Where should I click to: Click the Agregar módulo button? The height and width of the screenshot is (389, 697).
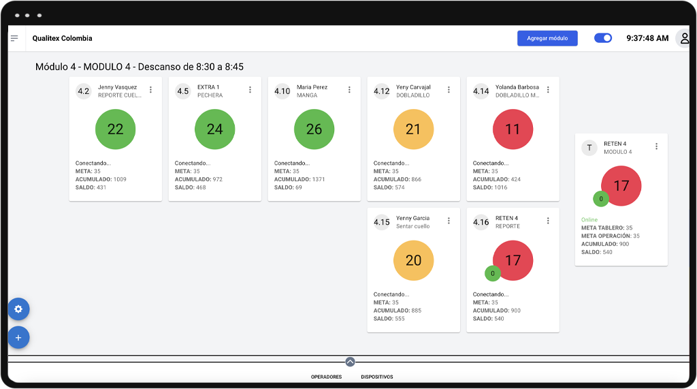tap(547, 38)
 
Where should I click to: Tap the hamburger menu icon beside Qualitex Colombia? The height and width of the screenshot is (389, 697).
tap(14, 38)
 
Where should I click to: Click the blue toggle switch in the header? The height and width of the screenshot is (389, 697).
tap(603, 38)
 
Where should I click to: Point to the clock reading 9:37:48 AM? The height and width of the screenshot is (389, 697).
tap(647, 38)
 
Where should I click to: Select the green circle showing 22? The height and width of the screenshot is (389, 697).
tap(115, 129)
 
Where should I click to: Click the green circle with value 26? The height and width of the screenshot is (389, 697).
tap(314, 129)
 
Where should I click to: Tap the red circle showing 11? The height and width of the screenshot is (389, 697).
tap(513, 129)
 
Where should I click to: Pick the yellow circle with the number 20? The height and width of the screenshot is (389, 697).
tap(413, 260)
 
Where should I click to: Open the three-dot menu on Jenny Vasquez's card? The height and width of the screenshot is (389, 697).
tap(150, 90)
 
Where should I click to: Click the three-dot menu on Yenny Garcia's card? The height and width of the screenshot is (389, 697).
tap(449, 221)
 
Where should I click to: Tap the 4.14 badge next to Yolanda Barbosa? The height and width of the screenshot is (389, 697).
tap(481, 91)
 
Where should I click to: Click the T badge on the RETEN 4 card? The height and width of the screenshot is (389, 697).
tap(589, 147)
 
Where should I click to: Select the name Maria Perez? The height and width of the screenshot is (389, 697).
tap(312, 87)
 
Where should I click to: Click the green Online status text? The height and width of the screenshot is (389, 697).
tap(589, 219)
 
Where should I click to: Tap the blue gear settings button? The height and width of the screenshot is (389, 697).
tap(18, 309)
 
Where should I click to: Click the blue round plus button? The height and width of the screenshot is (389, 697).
tap(18, 337)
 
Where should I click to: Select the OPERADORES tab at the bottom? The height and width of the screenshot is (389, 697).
tap(326, 377)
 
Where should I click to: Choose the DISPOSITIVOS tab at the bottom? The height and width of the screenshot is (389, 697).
tap(376, 377)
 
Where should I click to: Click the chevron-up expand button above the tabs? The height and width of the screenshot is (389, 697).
tap(350, 362)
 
